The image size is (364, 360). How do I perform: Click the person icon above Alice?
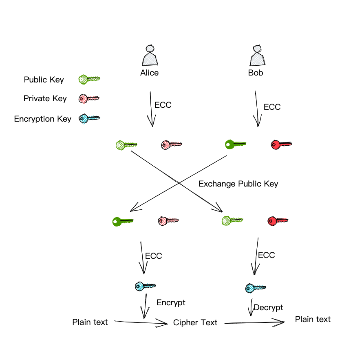[150, 56]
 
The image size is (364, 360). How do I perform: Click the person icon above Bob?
[257, 56]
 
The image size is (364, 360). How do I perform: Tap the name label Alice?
[149, 73]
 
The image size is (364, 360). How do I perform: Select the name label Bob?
[256, 73]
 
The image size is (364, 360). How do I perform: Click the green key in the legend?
[89, 79]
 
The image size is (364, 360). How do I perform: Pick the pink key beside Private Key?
[89, 98]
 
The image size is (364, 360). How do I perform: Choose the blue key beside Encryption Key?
[89, 118]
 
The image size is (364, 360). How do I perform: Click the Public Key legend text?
[44, 80]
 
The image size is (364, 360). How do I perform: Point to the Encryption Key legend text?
[42, 119]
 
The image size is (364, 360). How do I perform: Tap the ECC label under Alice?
[163, 105]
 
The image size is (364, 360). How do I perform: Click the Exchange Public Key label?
[238, 184]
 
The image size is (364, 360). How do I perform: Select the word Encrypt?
[171, 302]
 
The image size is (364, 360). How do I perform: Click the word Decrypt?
[268, 307]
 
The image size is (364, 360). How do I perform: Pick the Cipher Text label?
[195, 323]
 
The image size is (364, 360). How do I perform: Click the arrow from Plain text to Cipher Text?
[141, 323]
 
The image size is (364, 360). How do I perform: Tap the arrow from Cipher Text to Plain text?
[254, 323]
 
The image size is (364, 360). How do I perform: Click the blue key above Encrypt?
[145, 286]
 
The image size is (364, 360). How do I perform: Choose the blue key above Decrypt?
[256, 288]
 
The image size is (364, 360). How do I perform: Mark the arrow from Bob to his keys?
[256, 109]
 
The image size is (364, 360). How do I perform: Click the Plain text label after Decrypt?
[313, 319]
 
